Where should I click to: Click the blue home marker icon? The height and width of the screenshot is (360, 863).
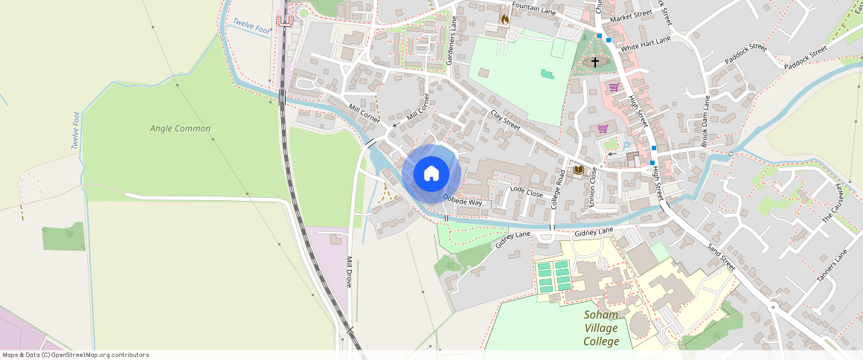pos(431,174)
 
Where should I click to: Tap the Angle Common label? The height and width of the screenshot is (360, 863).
pos(180,129)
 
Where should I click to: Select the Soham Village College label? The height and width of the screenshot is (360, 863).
pos(601,328)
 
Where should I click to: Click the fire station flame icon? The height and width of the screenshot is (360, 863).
pos(505,19)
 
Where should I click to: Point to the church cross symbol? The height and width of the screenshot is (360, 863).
pos(594,62)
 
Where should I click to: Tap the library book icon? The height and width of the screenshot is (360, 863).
pos(578,170)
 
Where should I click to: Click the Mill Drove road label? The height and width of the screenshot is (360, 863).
pos(348,272)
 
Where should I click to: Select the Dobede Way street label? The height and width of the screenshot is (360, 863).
pos(463,200)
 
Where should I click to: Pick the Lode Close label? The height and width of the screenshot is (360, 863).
pos(527,192)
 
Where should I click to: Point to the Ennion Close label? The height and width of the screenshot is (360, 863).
pos(593,186)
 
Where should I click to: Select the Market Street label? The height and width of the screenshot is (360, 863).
pos(631,15)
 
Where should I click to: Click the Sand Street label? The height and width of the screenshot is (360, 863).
pos(721,257)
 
